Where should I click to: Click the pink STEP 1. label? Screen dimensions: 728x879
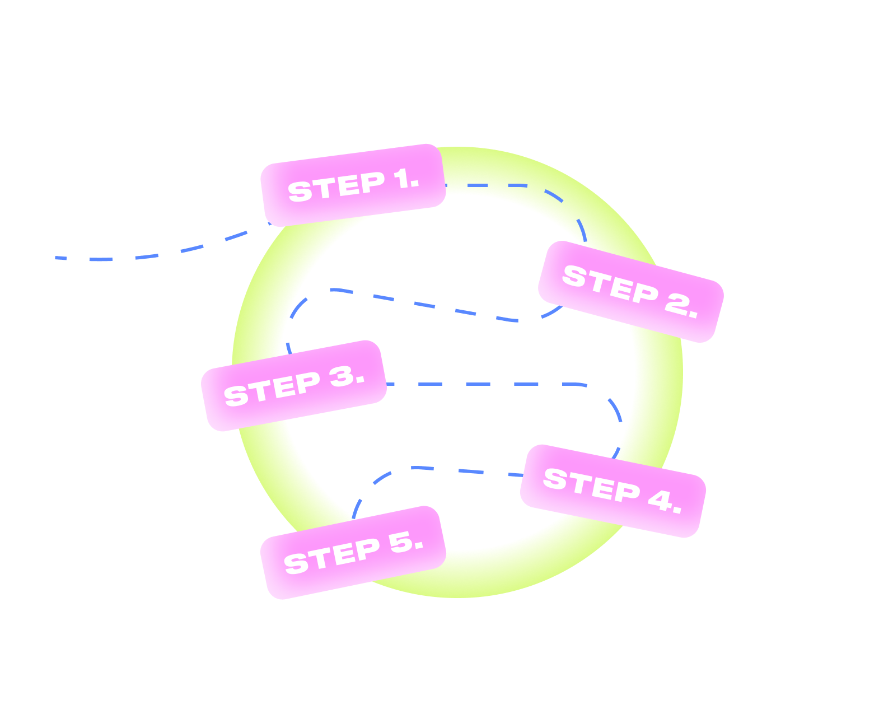(x=353, y=185)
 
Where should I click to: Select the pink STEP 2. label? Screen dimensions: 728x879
(x=631, y=291)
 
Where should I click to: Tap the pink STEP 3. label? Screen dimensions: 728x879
(x=294, y=386)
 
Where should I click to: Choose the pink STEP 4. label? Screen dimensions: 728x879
(x=613, y=491)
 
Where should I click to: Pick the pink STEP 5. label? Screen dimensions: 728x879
(x=353, y=553)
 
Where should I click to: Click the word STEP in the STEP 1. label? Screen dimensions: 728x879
(x=336, y=188)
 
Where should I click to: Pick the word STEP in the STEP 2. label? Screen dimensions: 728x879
(x=610, y=285)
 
